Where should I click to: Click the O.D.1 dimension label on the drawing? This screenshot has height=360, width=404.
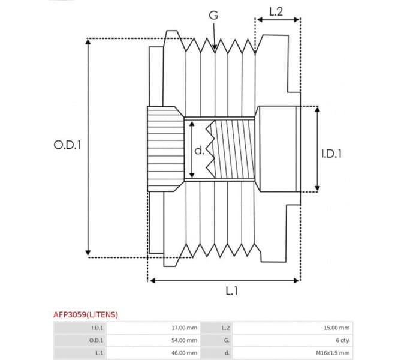click(67, 145)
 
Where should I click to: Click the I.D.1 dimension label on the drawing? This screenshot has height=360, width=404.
click(331, 154)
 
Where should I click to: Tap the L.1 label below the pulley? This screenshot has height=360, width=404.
click(232, 290)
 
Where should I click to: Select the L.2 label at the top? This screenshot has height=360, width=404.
click(276, 11)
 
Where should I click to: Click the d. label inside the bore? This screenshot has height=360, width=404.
click(200, 149)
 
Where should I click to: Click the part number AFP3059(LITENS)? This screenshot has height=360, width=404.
click(86, 314)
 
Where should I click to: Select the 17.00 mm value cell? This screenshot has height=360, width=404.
click(184, 328)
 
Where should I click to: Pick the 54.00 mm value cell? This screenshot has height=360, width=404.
click(184, 340)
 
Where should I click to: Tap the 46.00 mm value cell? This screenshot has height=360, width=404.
click(184, 353)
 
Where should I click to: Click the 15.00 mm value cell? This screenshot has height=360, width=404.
click(336, 328)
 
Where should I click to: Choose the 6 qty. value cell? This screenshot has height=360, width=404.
click(339, 340)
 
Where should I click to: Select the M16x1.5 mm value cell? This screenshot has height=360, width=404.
click(333, 353)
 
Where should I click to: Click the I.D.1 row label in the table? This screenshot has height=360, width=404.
click(97, 328)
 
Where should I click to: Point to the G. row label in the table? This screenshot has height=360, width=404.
click(226, 340)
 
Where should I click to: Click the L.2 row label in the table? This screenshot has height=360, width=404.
click(225, 328)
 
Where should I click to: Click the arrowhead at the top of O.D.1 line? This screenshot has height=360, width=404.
click(88, 43)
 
